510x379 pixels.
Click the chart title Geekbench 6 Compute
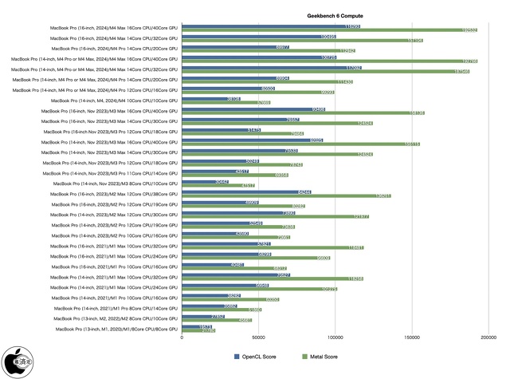[x=333, y=15]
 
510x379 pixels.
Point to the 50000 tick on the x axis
[x=259, y=338]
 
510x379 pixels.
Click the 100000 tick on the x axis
[x=335, y=338]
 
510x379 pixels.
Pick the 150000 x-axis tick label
[x=411, y=338]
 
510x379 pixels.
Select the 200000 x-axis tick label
[x=488, y=338]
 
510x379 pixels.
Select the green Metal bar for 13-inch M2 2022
[x=218, y=320]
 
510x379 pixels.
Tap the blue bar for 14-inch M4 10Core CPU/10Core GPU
[x=211, y=99]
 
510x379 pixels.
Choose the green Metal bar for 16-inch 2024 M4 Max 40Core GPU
[x=329, y=30]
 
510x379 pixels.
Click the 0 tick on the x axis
[x=182, y=338]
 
